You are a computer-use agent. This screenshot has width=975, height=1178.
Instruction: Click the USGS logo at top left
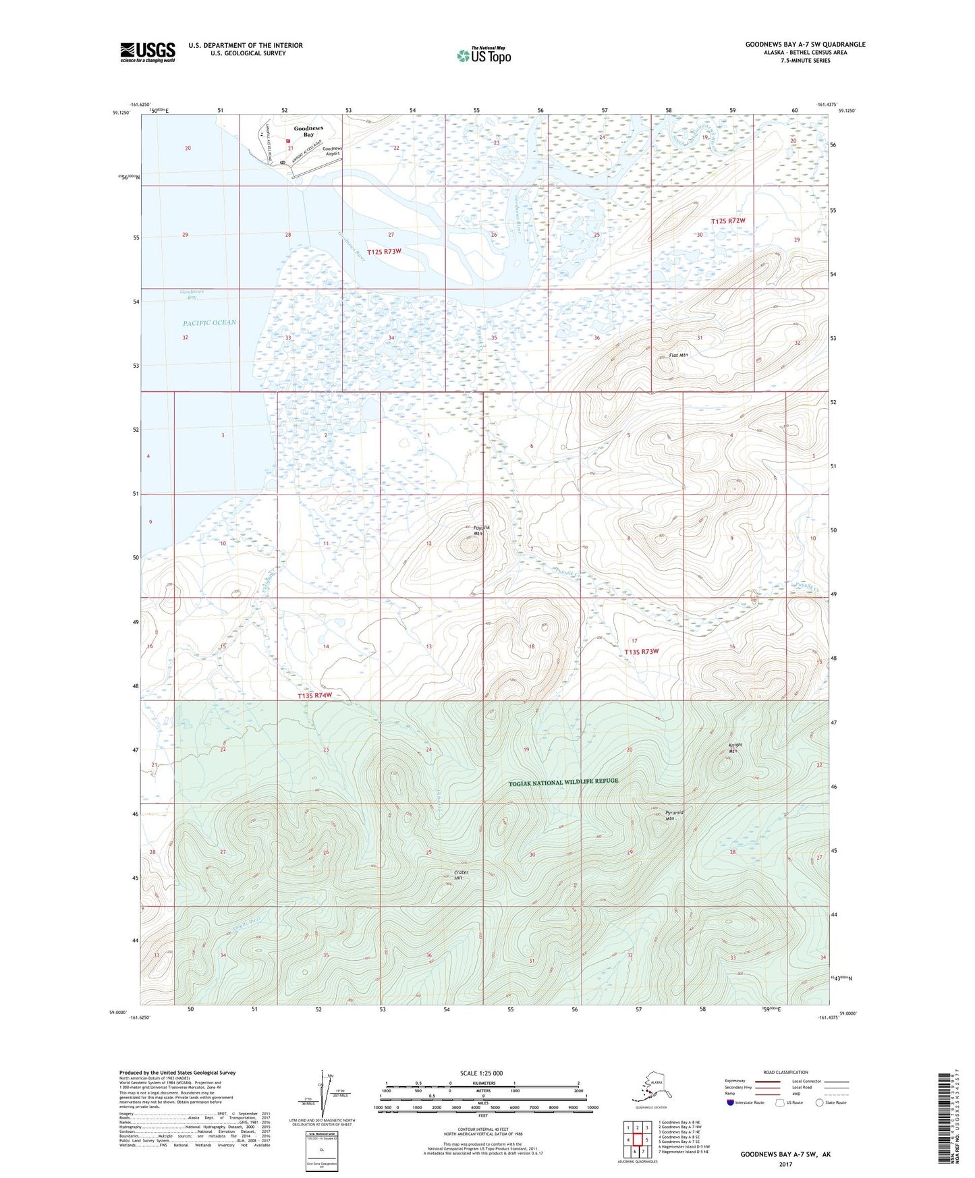147,52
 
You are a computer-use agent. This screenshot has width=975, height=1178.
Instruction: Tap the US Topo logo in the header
483,55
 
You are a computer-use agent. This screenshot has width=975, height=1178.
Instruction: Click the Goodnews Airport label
332,151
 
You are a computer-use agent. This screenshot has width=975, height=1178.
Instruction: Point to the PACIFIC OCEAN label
210,322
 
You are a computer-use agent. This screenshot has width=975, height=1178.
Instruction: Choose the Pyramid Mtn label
674,816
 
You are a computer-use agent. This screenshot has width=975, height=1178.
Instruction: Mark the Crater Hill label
461,875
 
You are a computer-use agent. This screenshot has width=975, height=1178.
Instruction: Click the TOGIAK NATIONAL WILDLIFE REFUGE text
563,781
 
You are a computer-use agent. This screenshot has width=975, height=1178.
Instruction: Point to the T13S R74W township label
315,696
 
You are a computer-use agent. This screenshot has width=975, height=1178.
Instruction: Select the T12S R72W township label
729,221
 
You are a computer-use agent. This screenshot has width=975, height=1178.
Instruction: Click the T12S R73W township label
384,252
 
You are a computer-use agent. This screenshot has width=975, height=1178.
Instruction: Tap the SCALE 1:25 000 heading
482,1073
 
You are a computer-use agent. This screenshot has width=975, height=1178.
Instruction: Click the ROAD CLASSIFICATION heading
785,1072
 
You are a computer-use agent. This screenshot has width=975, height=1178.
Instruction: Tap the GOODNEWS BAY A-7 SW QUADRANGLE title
805,45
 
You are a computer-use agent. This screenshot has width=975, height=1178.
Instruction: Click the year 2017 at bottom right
785,1164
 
